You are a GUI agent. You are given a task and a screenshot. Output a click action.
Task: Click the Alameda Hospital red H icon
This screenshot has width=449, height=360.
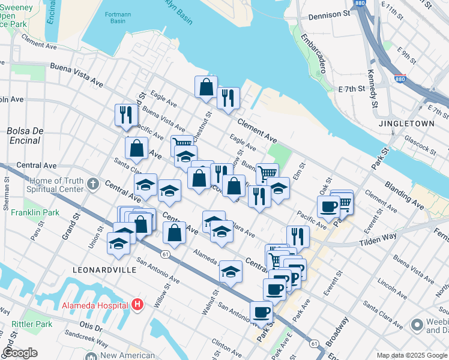(x=138, y=305)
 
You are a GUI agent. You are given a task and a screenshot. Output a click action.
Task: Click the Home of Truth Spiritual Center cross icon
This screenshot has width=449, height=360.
(x=92, y=183)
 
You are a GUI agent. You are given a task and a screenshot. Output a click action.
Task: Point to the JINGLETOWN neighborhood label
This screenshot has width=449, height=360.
(x=406, y=123)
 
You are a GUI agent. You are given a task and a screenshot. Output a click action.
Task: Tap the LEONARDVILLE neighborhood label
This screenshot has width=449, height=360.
(x=104, y=270)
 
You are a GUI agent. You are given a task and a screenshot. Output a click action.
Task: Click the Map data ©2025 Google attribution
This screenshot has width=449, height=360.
(x=412, y=355)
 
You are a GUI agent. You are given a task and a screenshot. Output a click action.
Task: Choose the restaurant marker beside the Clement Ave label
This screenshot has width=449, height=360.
(x=228, y=98)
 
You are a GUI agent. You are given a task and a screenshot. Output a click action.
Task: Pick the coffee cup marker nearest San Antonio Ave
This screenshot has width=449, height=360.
(x=262, y=312)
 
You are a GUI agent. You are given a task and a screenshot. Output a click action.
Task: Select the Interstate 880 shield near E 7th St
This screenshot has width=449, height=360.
(x=400, y=79)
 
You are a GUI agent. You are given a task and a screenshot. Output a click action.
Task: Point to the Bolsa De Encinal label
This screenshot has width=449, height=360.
(x=23, y=136)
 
